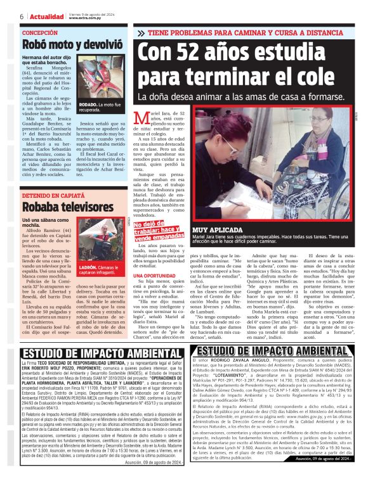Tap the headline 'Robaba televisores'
point(60,208)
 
